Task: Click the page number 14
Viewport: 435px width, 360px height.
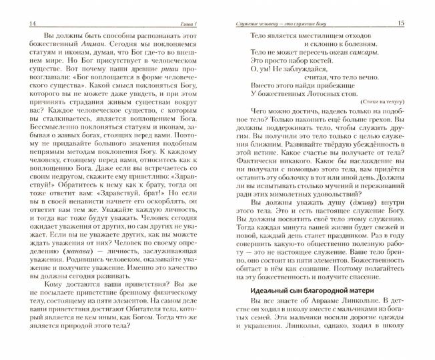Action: tap(15, 7)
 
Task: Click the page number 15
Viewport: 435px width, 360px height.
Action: tap(420, 7)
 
